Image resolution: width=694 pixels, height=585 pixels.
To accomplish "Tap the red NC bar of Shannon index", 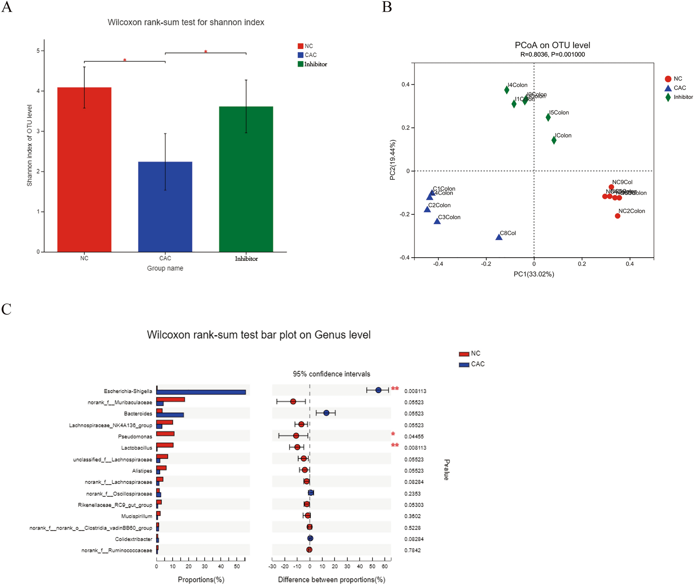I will (84, 169).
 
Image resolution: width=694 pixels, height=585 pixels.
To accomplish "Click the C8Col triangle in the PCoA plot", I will (499, 237).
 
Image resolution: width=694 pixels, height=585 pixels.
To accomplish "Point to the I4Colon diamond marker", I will (507, 90).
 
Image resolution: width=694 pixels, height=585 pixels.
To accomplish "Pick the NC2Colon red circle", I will (618, 216).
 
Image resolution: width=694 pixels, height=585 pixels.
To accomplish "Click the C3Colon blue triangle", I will (437, 221).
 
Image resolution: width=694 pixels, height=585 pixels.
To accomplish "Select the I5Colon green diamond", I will (548, 118).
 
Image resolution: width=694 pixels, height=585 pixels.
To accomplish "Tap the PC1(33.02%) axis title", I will (534, 274).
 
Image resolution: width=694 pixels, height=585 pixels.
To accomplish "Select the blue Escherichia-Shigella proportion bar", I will (201, 392).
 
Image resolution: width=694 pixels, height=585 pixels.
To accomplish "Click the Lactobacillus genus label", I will (137, 448).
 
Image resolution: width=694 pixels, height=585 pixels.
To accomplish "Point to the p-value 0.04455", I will (414, 437).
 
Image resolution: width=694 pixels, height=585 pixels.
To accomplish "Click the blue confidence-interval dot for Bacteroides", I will (326, 413).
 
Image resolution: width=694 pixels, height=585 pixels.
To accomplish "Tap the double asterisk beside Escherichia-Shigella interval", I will (395, 389).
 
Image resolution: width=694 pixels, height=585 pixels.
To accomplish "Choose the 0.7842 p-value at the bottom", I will (413, 550).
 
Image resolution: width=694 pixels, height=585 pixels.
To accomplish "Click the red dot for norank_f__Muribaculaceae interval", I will (293, 401).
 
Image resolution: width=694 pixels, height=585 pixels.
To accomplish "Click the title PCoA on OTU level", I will (552, 45).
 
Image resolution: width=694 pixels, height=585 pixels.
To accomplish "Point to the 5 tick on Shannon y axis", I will (38, 51).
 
